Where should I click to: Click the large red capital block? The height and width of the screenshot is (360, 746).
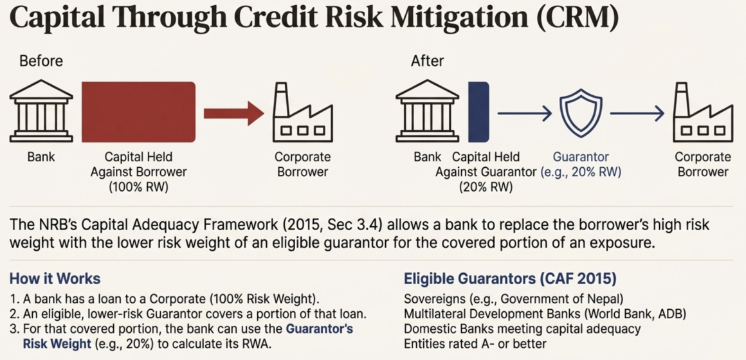(x=138, y=113)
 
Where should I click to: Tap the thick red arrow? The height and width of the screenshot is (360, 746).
(x=233, y=113)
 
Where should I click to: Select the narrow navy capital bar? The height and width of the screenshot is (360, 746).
(x=478, y=113)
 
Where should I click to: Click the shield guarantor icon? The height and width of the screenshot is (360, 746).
(x=581, y=113)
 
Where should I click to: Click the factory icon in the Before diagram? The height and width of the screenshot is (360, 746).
(x=303, y=113)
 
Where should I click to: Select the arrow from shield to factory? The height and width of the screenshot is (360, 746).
(x=637, y=113)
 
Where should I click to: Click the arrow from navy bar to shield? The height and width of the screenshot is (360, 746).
(x=525, y=113)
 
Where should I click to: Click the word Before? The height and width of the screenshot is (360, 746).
(x=41, y=61)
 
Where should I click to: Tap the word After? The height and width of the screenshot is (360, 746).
(x=427, y=61)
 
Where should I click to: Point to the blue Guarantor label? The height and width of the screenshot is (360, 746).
(x=581, y=157)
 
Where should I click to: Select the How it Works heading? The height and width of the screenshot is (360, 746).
(x=55, y=278)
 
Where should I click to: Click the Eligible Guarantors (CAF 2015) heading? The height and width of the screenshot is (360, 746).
(x=510, y=279)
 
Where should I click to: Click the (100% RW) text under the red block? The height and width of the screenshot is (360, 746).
(x=139, y=187)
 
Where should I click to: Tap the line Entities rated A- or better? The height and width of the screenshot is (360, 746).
(x=475, y=343)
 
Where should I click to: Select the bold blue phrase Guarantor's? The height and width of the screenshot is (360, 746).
(x=319, y=329)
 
